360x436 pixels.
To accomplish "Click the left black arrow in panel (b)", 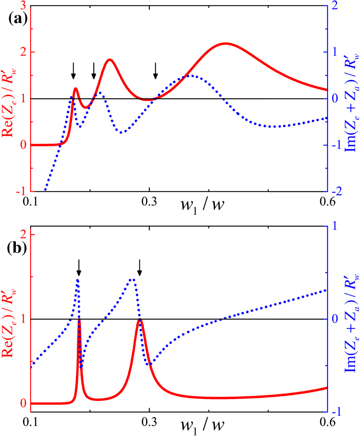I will point(79,267).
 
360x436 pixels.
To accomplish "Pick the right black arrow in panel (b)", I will point(139,267).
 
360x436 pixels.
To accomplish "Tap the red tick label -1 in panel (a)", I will point(21,191).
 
